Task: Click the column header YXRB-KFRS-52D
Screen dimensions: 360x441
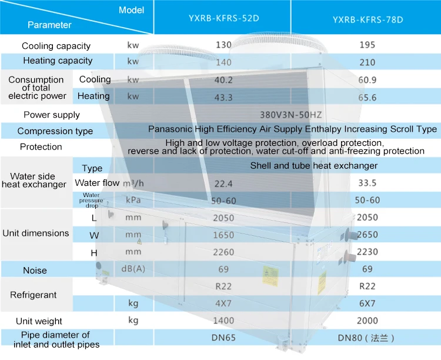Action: [x=224, y=18]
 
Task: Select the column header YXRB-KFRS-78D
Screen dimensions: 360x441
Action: [x=367, y=19]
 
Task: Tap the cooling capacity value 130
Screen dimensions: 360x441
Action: [x=224, y=45]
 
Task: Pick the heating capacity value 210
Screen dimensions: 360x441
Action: [x=367, y=61]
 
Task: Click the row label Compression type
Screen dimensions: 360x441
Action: [x=55, y=131]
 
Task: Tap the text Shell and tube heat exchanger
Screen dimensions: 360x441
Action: [x=314, y=166]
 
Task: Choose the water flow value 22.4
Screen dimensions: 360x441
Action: [x=224, y=184]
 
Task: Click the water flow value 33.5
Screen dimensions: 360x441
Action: [x=366, y=183]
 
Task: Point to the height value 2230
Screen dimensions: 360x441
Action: [x=367, y=252]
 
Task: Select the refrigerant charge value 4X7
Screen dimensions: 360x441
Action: [x=224, y=304]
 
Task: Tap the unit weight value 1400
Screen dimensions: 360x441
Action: [x=224, y=321]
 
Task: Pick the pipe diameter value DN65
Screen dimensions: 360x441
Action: [x=224, y=338]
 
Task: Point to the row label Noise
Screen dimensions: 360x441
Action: [x=35, y=271]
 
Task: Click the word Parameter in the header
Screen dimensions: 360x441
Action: [x=49, y=25]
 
